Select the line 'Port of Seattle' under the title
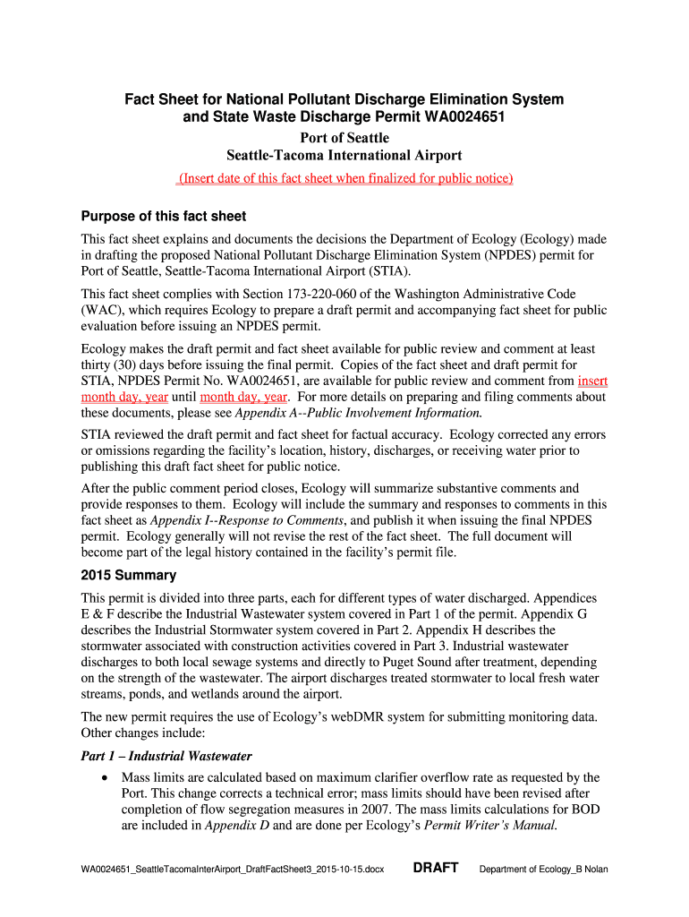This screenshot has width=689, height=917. point(344,138)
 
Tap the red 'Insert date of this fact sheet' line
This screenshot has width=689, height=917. point(344,178)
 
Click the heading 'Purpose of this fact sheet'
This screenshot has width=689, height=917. point(164,216)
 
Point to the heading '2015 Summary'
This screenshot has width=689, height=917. point(129,575)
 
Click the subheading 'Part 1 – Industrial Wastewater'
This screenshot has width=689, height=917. point(166,756)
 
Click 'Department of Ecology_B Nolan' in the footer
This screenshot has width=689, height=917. point(544,870)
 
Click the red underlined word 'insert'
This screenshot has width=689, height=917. point(592,381)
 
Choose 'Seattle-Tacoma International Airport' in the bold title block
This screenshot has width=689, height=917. point(344,156)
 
